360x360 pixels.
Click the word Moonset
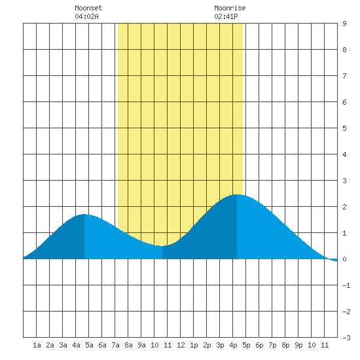point(88,9)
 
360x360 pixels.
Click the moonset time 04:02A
point(86,16)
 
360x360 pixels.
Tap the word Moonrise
point(230,9)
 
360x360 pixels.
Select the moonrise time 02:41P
point(226,16)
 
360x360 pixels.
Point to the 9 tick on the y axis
point(344,24)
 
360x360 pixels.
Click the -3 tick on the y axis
point(346,338)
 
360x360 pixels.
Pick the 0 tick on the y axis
point(344,259)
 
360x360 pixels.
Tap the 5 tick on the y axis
point(344,128)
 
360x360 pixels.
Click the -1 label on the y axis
point(346,285)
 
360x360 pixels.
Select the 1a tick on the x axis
point(37,345)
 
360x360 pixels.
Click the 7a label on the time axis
point(115,345)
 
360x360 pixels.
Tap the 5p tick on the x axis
point(246,345)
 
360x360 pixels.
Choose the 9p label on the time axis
point(298,345)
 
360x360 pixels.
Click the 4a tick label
point(76,345)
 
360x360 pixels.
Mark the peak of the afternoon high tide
point(237,194)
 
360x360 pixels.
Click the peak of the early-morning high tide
point(84,214)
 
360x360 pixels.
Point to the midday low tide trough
point(162,246)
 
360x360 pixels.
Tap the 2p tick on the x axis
point(207,345)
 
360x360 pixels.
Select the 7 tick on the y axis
point(344,76)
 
